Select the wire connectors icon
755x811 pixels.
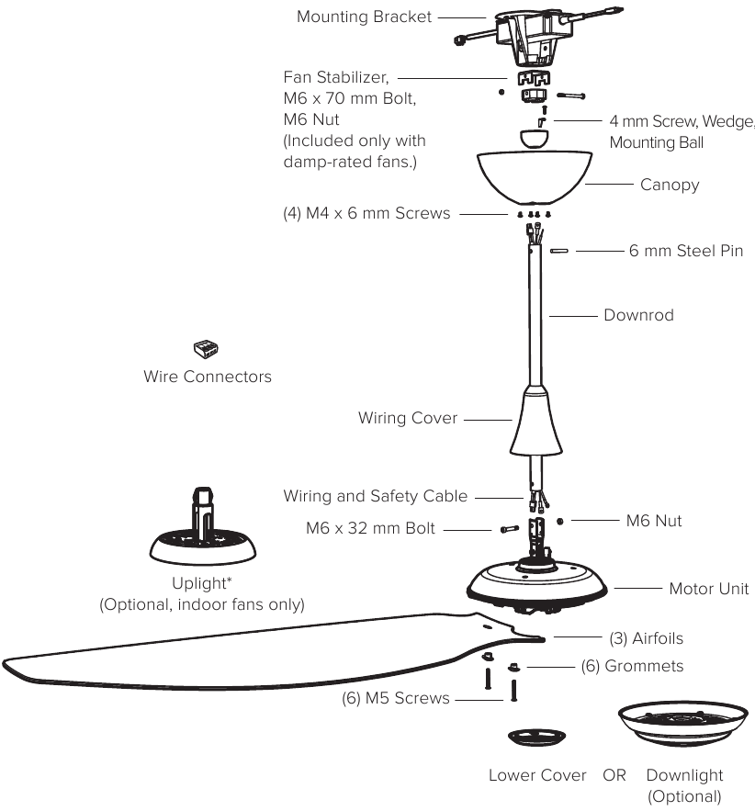click(206, 349)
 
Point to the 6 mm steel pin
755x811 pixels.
click(559, 251)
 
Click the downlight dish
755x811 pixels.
click(683, 723)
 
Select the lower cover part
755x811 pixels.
click(536, 737)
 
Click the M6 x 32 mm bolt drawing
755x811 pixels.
click(510, 529)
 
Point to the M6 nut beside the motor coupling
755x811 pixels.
click(560, 522)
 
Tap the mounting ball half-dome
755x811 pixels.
click(535, 140)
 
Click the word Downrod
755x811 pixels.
click(638, 315)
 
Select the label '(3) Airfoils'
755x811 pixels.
click(647, 638)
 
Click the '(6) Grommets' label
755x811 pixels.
click(633, 666)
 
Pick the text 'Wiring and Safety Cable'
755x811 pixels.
click(376, 496)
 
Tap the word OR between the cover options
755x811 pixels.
click(614, 775)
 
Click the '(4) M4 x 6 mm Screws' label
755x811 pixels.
click(366, 213)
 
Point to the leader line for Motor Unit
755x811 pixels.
click(637, 588)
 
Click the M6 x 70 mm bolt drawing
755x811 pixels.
click(571, 96)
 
